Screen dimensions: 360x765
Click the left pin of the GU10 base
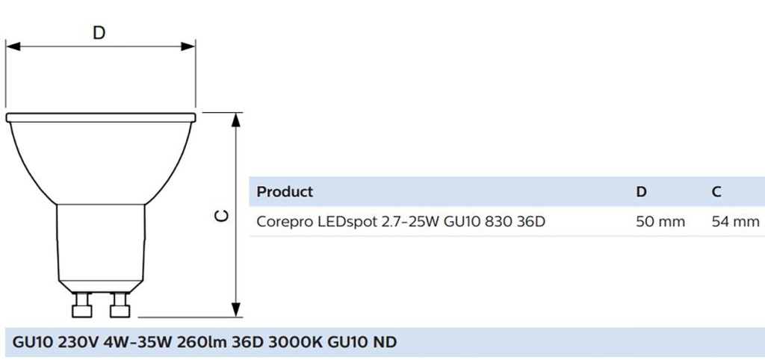80,307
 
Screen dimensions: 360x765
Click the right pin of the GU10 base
120,307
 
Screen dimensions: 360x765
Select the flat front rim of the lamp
101,117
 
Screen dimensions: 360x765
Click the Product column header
285,192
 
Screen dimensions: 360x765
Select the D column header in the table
641,192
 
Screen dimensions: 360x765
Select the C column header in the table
716,192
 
